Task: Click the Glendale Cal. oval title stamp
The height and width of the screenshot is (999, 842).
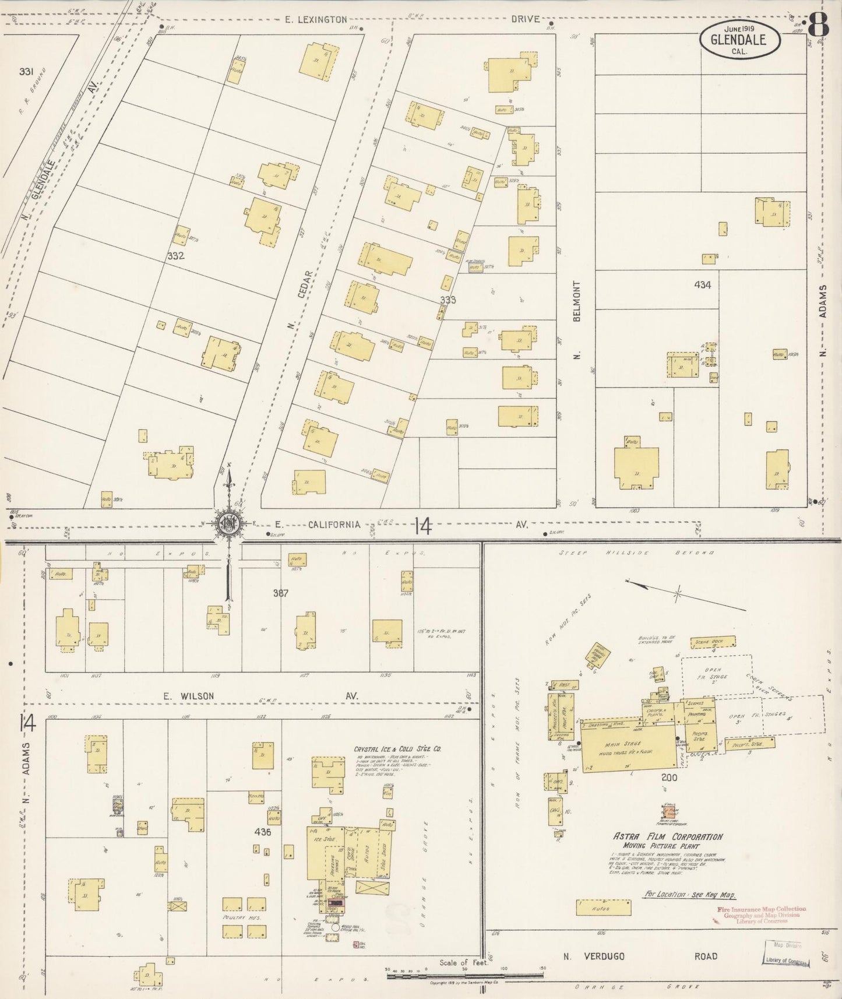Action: coord(740,40)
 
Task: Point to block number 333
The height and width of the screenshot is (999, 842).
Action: coord(448,300)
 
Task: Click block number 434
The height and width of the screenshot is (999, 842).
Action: coord(702,285)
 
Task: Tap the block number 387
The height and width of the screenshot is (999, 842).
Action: coord(281,593)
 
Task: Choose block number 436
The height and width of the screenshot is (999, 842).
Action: coord(263,832)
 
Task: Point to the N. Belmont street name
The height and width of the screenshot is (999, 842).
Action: coord(577,319)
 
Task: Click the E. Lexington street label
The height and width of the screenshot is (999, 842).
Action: coord(316,19)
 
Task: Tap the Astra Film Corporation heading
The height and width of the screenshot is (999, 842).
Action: coord(667,836)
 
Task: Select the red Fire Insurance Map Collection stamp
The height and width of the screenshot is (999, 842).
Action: coord(760,914)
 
